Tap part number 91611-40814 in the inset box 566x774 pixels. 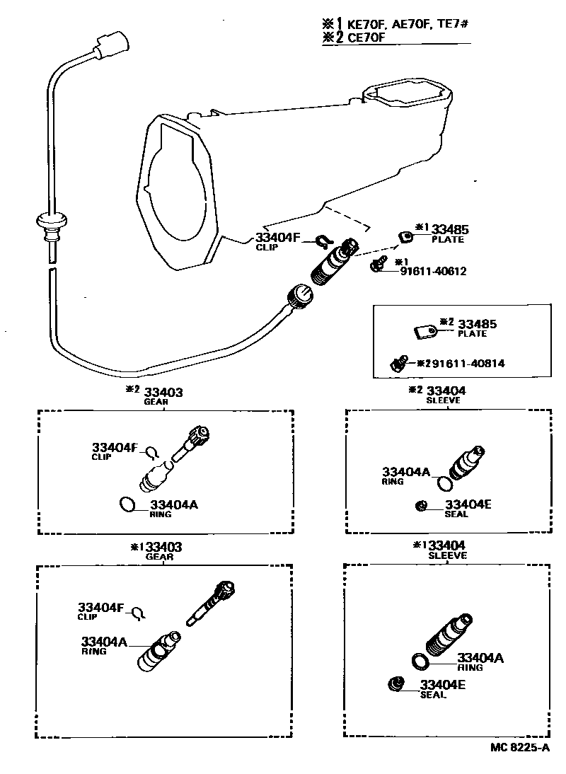click(468, 363)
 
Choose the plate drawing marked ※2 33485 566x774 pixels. click(424, 329)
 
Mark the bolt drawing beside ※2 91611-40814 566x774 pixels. click(398, 364)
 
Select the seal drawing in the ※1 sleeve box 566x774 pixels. click(396, 684)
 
